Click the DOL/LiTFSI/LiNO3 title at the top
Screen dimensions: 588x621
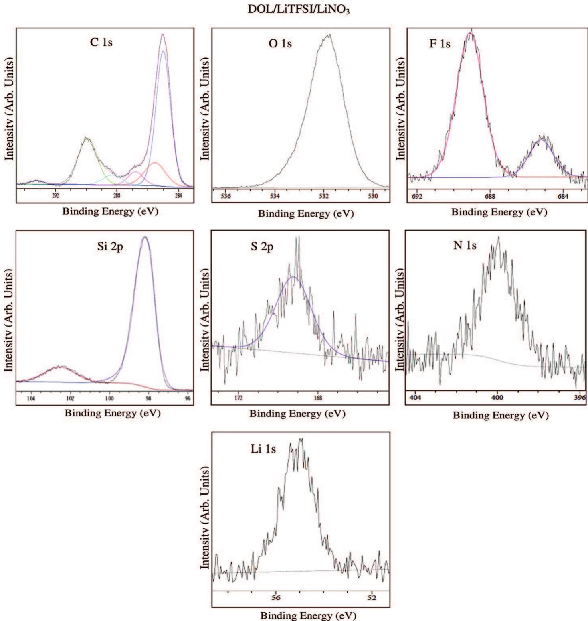(x=299, y=10)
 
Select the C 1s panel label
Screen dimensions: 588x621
(x=101, y=42)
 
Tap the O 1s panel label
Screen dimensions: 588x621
(x=280, y=43)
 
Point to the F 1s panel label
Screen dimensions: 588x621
(x=440, y=43)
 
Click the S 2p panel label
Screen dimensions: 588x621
(x=262, y=246)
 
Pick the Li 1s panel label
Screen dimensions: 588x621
(x=263, y=448)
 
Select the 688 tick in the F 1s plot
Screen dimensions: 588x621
(x=490, y=196)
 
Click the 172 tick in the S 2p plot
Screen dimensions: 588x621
(x=239, y=398)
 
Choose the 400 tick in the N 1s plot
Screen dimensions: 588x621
(x=497, y=398)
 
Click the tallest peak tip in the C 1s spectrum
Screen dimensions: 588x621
(x=163, y=34)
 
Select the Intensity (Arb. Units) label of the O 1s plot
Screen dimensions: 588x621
(x=205, y=108)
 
